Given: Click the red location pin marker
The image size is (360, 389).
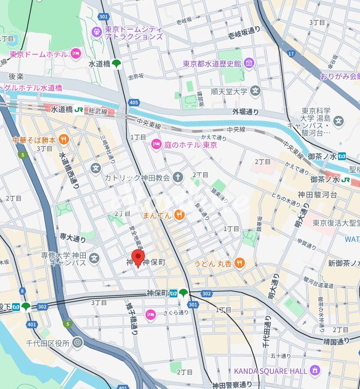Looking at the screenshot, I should tap(138, 258).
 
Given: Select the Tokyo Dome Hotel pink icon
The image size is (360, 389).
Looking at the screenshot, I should tap(76, 54).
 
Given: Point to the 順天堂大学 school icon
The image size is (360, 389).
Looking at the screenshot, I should tap(255, 92).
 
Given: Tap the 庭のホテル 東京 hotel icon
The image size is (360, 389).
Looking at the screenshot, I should tap(156, 145).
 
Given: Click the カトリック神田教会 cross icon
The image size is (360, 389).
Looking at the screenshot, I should tap(178, 177).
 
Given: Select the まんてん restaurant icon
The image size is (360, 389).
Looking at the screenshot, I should tap(179, 214).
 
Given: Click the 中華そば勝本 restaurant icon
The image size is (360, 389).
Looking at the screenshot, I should tap(63, 139).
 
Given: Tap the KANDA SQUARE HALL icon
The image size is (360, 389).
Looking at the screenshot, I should tap(314, 371).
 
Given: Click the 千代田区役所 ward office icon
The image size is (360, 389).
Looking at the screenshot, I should tap(77, 343).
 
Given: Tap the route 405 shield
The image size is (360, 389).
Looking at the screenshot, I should tap(134, 103).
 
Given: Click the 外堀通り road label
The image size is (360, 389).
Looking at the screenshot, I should tap(245, 112).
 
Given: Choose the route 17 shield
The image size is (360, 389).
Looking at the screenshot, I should tap(291, 54).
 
